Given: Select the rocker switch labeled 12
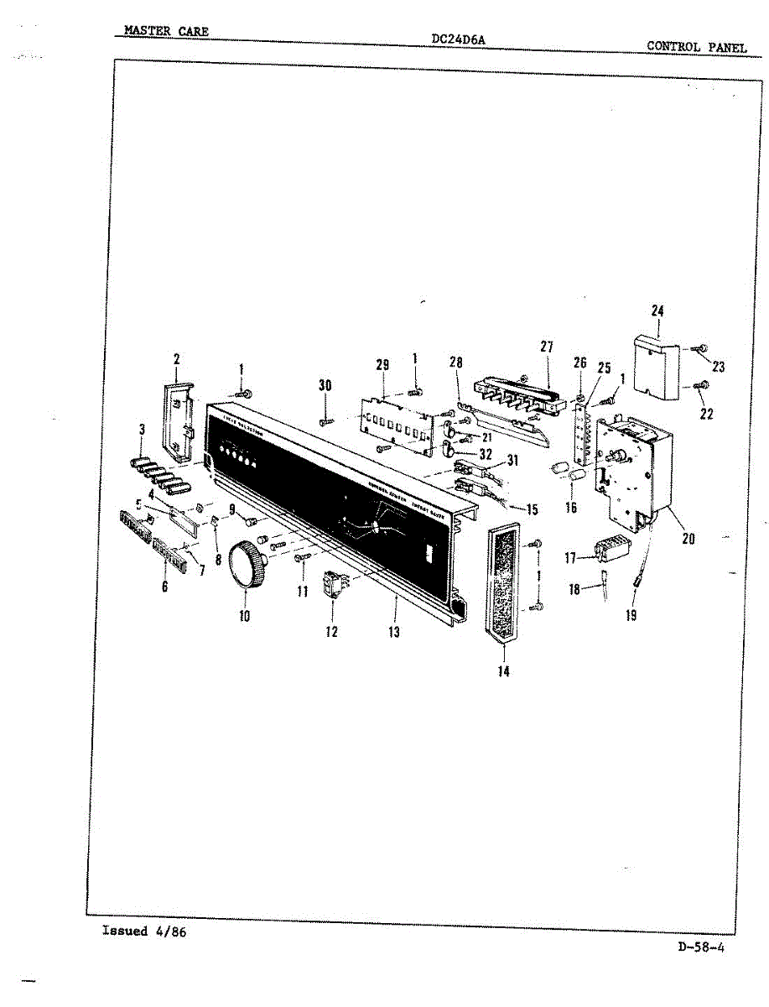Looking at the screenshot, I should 335,585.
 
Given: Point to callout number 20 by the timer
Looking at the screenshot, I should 688,539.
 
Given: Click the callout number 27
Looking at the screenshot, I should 548,347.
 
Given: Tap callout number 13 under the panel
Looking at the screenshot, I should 394,632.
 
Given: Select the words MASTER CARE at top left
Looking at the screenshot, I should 166,32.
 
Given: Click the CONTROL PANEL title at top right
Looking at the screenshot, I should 696,47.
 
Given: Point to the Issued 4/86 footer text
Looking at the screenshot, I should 143,931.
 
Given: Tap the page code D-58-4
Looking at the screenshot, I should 701,948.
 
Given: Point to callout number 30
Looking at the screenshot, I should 325,385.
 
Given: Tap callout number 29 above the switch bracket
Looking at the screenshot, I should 382,364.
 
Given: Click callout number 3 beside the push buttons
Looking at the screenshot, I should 142,430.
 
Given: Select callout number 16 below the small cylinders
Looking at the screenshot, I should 572,508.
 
